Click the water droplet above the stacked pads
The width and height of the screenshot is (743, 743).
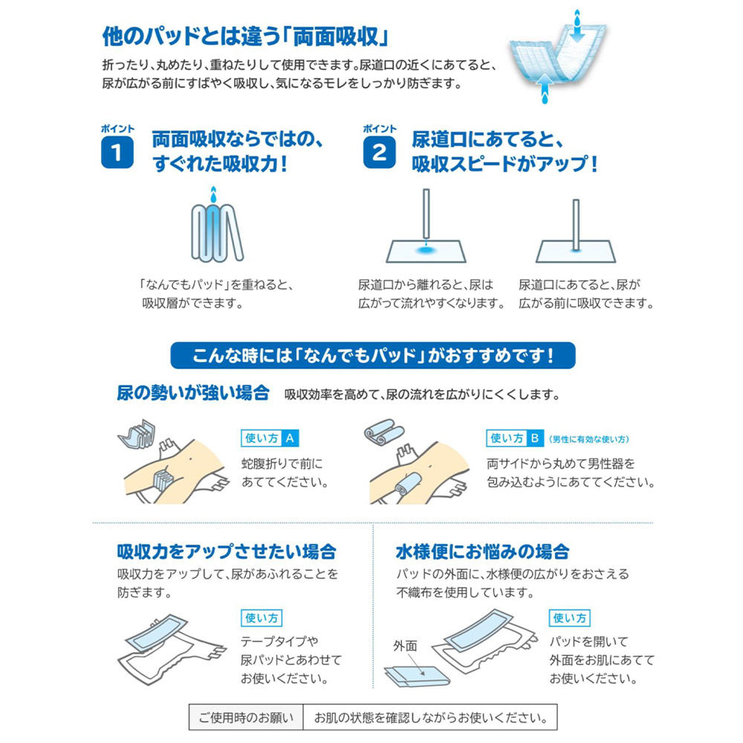coord(214,195)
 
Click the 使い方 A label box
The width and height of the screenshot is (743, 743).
coord(270,438)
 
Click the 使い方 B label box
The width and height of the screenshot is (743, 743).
coord(515,438)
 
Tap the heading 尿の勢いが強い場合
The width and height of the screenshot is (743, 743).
coord(192,393)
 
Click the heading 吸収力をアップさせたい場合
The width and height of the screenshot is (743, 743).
coord(227,552)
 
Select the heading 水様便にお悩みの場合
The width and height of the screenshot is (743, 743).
coord(483,552)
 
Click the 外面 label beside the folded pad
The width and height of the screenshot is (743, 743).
coord(406,646)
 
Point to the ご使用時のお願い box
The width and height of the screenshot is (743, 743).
coord(246,718)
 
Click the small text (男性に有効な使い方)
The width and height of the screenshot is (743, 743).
coord(588,439)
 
